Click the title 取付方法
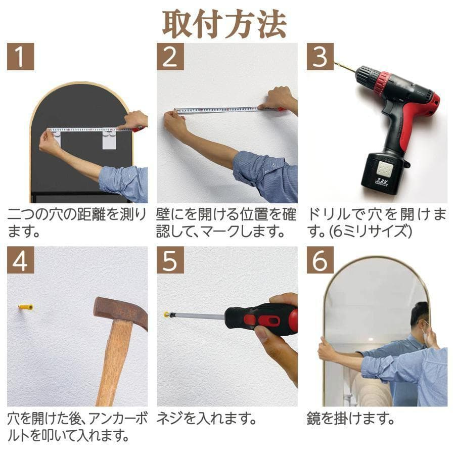pos(224,23)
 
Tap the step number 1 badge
pos(20,57)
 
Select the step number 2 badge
pos(170,57)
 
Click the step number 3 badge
pos(320,57)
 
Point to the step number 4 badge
pos(20,260)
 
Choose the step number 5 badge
pos(170,260)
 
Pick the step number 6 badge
pos(320,260)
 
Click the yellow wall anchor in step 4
pos(25,307)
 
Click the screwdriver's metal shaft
pos(197,315)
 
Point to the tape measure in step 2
pos(222,110)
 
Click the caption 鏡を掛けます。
pos(350,419)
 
